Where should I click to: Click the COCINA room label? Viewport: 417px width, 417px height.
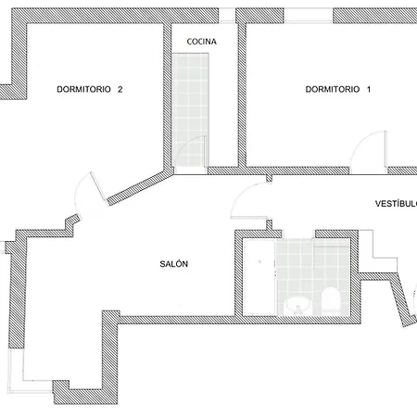201,42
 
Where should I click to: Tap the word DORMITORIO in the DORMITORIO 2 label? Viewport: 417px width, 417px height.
83,89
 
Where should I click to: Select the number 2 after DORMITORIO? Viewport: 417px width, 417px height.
120,89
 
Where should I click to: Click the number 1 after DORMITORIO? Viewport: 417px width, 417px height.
369,89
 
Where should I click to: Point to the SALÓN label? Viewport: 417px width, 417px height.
174,264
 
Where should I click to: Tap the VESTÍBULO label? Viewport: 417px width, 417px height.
396,204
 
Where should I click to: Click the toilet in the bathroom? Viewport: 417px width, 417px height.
331,300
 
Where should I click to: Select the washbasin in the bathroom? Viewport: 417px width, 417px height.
297,305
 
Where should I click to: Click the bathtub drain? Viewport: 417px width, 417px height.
259,262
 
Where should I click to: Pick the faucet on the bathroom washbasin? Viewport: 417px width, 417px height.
297,310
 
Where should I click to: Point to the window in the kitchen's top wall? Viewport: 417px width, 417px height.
227,16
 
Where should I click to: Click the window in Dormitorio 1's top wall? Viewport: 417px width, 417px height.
309,16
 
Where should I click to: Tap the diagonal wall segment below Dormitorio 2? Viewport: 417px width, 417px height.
141,187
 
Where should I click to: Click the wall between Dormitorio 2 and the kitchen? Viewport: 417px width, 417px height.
167,96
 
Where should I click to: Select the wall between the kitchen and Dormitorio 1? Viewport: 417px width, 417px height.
242,95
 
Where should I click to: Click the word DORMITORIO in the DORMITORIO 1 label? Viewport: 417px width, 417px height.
333,89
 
